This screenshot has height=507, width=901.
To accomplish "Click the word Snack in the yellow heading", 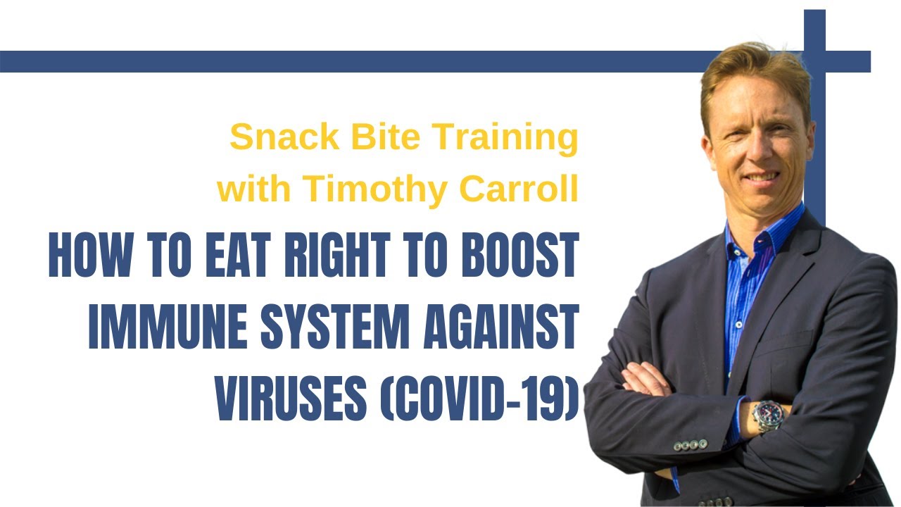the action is point(285,137).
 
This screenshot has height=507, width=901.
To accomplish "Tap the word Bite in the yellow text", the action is point(386,137).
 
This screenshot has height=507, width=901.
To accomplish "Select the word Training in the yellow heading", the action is point(505,139).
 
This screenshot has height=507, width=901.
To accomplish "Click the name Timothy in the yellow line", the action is point(375,190).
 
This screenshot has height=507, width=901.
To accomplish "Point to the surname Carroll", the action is point(519,188).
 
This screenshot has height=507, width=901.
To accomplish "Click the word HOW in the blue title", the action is point(91,254).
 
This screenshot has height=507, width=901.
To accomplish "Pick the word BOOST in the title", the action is point(520,254).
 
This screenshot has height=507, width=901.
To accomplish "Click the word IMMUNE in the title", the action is point(168,326).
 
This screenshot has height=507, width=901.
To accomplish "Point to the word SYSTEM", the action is point(335,326).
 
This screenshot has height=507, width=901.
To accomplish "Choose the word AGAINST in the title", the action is point(501,326).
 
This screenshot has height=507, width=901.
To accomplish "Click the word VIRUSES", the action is point(291,399).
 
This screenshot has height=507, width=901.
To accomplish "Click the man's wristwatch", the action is point(768,416).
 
